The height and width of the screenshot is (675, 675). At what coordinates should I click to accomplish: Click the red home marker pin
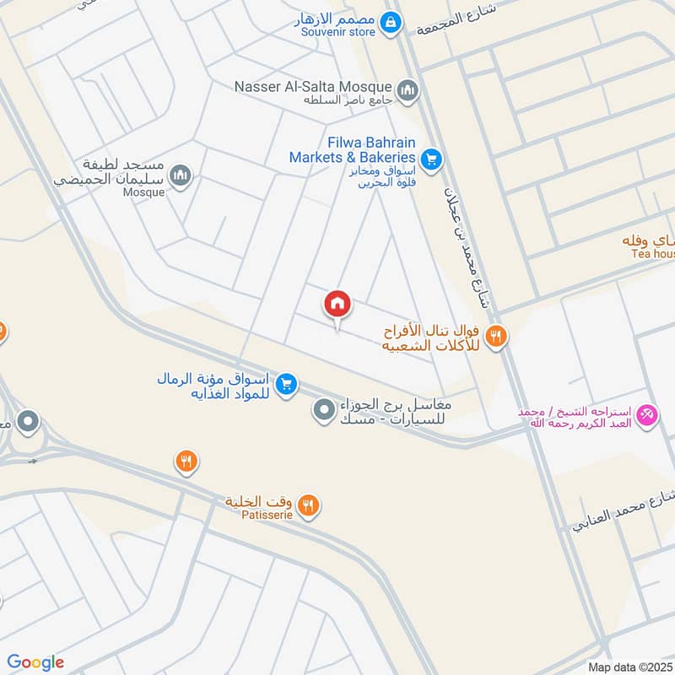[x=337, y=305]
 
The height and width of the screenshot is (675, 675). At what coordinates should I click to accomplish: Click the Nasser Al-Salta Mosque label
[x=314, y=86]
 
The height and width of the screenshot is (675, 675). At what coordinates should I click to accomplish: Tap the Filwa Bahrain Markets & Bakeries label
[x=353, y=150]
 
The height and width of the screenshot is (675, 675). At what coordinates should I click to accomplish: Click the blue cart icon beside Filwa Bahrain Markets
[x=431, y=158]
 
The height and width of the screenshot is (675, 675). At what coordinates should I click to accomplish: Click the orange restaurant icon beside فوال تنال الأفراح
[x=496, y=336]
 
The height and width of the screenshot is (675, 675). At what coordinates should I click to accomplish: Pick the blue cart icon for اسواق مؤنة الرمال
[x=287, y=385]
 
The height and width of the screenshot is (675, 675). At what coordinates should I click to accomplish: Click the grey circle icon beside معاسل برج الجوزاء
[x=323, y=411]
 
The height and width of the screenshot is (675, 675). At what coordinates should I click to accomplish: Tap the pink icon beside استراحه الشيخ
[x=647, y=415]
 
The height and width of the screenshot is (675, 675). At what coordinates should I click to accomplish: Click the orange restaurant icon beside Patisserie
[x=310, y=506]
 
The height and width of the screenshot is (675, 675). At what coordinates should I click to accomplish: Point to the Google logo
[x=35, y=662]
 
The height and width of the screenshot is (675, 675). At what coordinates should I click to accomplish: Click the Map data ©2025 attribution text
[x=629, y=667]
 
